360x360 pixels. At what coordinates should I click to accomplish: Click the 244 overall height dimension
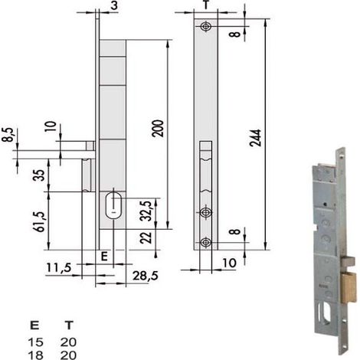click(x=256, y=138)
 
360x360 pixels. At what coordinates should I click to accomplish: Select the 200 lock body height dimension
click(x=158, y=129)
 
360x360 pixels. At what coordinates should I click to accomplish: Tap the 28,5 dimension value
click(x=146, y=276)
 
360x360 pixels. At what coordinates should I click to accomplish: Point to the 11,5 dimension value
click(x=59, y=267)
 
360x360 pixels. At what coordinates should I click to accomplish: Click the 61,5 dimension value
click(x=41, y=221)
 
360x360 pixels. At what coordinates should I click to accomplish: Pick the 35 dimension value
click(x=39, y=175)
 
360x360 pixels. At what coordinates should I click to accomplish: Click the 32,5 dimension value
click(x=146, y=211)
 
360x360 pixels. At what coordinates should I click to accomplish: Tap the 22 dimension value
click(x=146, y=237)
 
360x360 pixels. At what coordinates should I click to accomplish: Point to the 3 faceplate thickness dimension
click(x=114, y=5)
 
